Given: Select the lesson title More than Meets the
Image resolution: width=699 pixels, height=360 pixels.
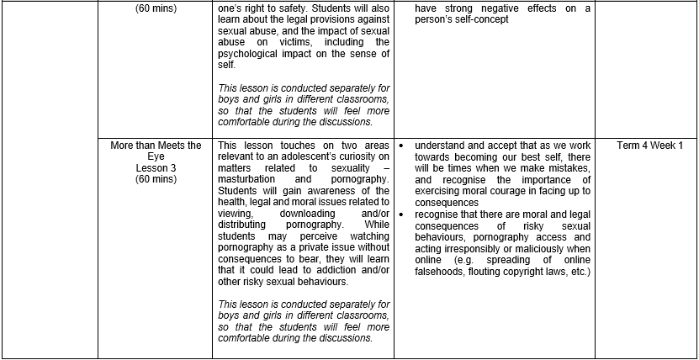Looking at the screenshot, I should (156, 146).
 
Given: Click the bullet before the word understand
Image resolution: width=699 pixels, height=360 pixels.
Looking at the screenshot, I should (401, 146).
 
